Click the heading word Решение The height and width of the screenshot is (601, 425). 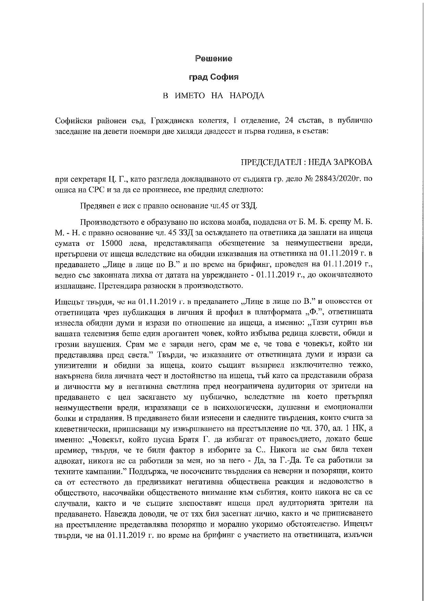point(214,59)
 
